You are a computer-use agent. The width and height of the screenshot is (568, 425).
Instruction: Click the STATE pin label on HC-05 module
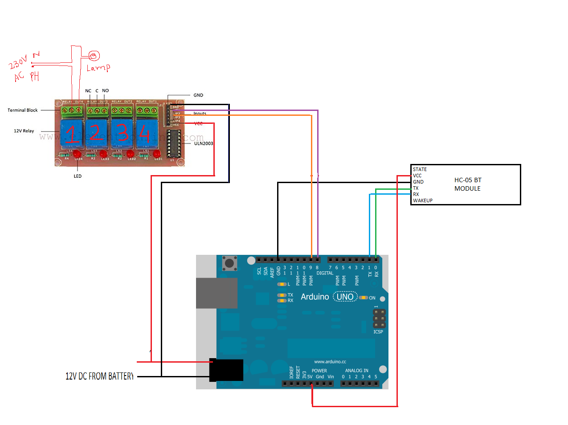(420, 169)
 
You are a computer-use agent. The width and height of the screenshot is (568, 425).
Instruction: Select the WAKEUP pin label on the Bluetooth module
(422, 200)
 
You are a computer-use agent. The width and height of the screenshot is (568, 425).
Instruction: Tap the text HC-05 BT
(468, 180)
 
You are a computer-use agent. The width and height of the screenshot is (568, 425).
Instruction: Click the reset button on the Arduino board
(229, 263)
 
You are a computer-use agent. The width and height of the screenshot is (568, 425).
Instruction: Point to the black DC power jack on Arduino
(226, 370)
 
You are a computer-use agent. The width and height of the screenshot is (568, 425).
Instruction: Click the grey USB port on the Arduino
(217, 293)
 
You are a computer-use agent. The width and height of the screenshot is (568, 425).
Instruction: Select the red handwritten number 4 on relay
(144, 133)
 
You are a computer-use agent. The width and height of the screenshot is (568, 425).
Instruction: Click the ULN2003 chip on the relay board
(174, 143)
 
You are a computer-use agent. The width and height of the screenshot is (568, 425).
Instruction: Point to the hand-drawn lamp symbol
(94, 56)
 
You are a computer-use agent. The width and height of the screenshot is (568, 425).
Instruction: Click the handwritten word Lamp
(98, 68)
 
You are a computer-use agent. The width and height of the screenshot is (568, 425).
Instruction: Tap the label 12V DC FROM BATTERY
(99, 376)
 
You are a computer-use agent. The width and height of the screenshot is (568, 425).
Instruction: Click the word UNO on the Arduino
(345, 297)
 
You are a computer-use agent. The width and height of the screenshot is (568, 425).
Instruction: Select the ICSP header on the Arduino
(379, 319)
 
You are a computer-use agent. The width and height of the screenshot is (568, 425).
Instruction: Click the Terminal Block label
(23, 110)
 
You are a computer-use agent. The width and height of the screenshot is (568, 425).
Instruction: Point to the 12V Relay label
(24, 131)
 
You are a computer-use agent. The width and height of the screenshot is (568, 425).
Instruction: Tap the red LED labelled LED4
(78, 154)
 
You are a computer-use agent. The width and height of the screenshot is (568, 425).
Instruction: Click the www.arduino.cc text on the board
(330, 362)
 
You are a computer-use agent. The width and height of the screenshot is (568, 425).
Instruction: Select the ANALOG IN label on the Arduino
(356, 371)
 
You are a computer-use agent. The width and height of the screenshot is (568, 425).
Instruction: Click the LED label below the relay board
(78, 176)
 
